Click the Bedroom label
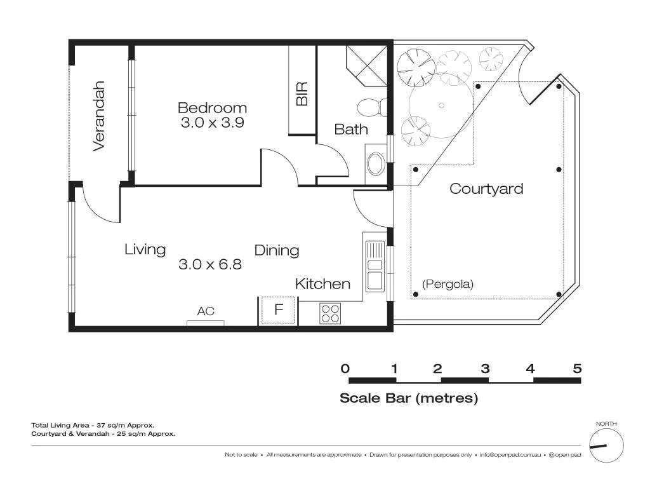pos(212,107)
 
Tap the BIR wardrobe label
pos(302,94)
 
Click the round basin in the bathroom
pos(375,164)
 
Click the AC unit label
pos(206,311)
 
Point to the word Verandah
pos(98,116)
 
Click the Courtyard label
pos(486,189)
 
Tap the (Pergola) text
pos(448,284)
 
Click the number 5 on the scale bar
pos(577,369)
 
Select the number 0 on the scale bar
pos(345,369)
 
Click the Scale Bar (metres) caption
pos(409,398)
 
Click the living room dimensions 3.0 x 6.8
pos(210,264)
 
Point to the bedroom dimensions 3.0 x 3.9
pos(212,123)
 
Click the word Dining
pos(277,250)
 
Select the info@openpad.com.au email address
pos(510,454)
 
